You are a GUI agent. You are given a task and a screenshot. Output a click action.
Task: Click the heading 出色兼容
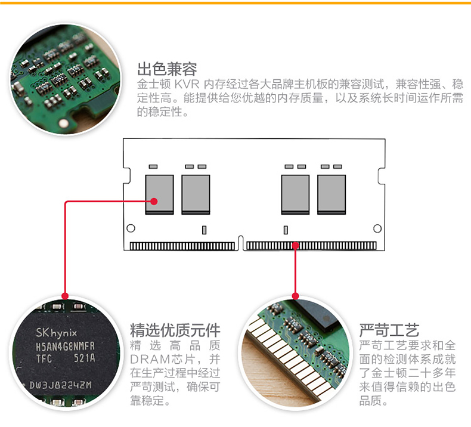click(x=167, y=69)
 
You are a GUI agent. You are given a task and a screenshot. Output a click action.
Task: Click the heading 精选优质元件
click(x=175, y=330)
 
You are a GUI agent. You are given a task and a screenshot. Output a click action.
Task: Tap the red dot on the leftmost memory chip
click(x=154, y=202)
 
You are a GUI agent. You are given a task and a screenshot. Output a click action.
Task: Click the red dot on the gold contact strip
click(x=295, y=245)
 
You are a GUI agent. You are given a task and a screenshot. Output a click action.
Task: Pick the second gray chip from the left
click(x=196, y=194)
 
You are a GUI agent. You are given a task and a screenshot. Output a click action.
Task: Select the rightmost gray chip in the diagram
click(x=331, y=194)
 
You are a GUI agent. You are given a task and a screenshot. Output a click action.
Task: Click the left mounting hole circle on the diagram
click(x=131, y=228)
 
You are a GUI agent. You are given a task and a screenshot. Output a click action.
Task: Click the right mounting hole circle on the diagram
click(x=377, y=228)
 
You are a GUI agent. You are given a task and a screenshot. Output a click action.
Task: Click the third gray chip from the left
click(x=295, y=194)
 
